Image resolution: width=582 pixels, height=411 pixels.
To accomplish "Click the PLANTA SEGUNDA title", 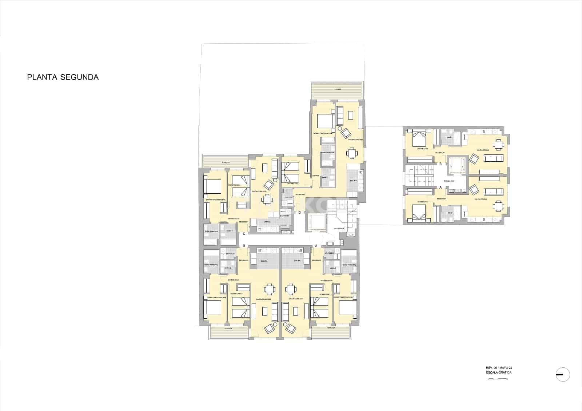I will click(63, 77).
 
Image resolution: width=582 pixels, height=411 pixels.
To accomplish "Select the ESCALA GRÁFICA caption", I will click(499, 372).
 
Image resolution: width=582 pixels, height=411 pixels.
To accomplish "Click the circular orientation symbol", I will click(563, 375).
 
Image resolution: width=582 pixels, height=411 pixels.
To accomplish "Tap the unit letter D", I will click(299, 213).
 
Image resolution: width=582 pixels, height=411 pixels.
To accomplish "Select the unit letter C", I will click(244, 234).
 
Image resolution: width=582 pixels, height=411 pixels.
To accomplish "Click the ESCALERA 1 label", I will click(339, 228).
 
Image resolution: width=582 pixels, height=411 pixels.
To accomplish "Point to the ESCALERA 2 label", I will click(448, 181).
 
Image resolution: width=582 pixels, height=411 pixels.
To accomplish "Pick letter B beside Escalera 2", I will click(441, 164).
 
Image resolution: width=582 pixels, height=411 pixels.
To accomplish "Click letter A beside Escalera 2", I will click(441, 188).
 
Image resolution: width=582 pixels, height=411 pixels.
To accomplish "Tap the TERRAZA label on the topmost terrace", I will click(337, 89).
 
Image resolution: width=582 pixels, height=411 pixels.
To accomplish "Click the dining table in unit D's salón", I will click(352, 153).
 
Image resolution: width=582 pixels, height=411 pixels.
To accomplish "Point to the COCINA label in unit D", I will click(353, 180).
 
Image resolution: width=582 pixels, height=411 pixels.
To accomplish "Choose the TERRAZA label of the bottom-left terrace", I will click(228, 328).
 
